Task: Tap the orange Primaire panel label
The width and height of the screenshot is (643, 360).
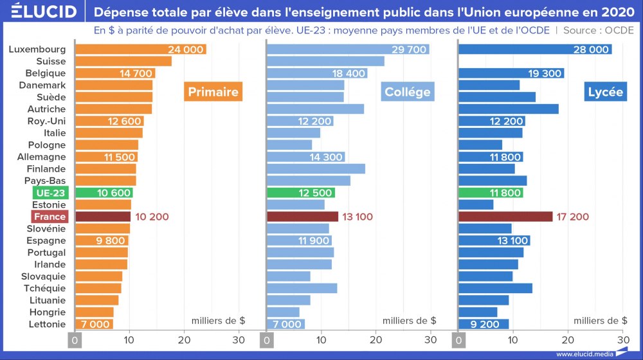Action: (x=213, y=92)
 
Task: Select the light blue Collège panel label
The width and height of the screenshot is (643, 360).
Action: (x=407, y=92)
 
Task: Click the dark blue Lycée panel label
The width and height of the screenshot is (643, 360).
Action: (x=605, y=92)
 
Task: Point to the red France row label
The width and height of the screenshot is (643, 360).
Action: (x=50, y=217)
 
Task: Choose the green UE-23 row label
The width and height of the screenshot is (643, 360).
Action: (x=50, y=193)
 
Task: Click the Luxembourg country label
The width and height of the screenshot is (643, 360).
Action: (x=38, y=50)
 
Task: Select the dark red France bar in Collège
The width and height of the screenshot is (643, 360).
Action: (x=302, y=217)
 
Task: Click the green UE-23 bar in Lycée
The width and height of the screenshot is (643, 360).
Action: (x=491, y=193)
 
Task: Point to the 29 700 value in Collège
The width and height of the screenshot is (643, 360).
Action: (x=409, y=50)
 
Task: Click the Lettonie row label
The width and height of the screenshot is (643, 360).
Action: (x=47, y=324)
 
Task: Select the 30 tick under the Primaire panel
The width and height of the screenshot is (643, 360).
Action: (x=239, y=339)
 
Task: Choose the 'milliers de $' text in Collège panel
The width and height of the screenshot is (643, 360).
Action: (x=409, y=320)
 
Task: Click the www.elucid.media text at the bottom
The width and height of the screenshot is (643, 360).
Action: (x=583, y=354)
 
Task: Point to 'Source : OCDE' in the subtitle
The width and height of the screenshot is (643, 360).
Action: (x=599, y=30)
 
